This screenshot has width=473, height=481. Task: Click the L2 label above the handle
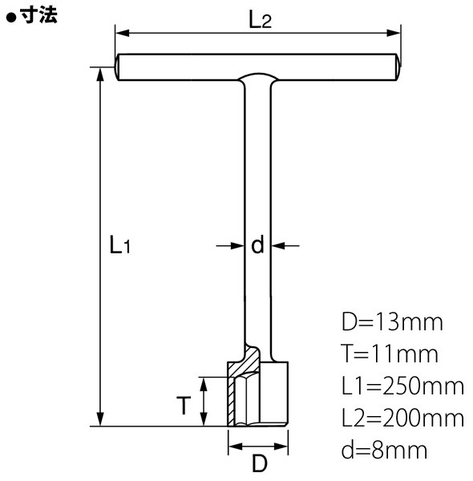pyautogui.click(x=260, y=21)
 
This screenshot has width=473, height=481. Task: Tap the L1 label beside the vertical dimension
pyautogui.click(x=120, y=245)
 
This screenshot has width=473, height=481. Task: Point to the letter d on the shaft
pyautogui.click(x=257, y=245)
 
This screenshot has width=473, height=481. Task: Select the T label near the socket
pyautogui.click(x=184, y=405)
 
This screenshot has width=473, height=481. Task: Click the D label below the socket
pyautogui.click(x=259, y=463)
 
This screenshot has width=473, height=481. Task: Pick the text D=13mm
pyautogui.click(x=392, y=321)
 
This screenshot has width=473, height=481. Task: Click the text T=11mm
pyautogui.click(x=390, y=354)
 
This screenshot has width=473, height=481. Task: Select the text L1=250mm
pyautogui.click(x=402, y=386)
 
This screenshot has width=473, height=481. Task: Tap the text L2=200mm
pyautogui.click(x=402, y=418)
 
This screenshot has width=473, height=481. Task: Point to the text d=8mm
pyautogui.click(x=384, y=450)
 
